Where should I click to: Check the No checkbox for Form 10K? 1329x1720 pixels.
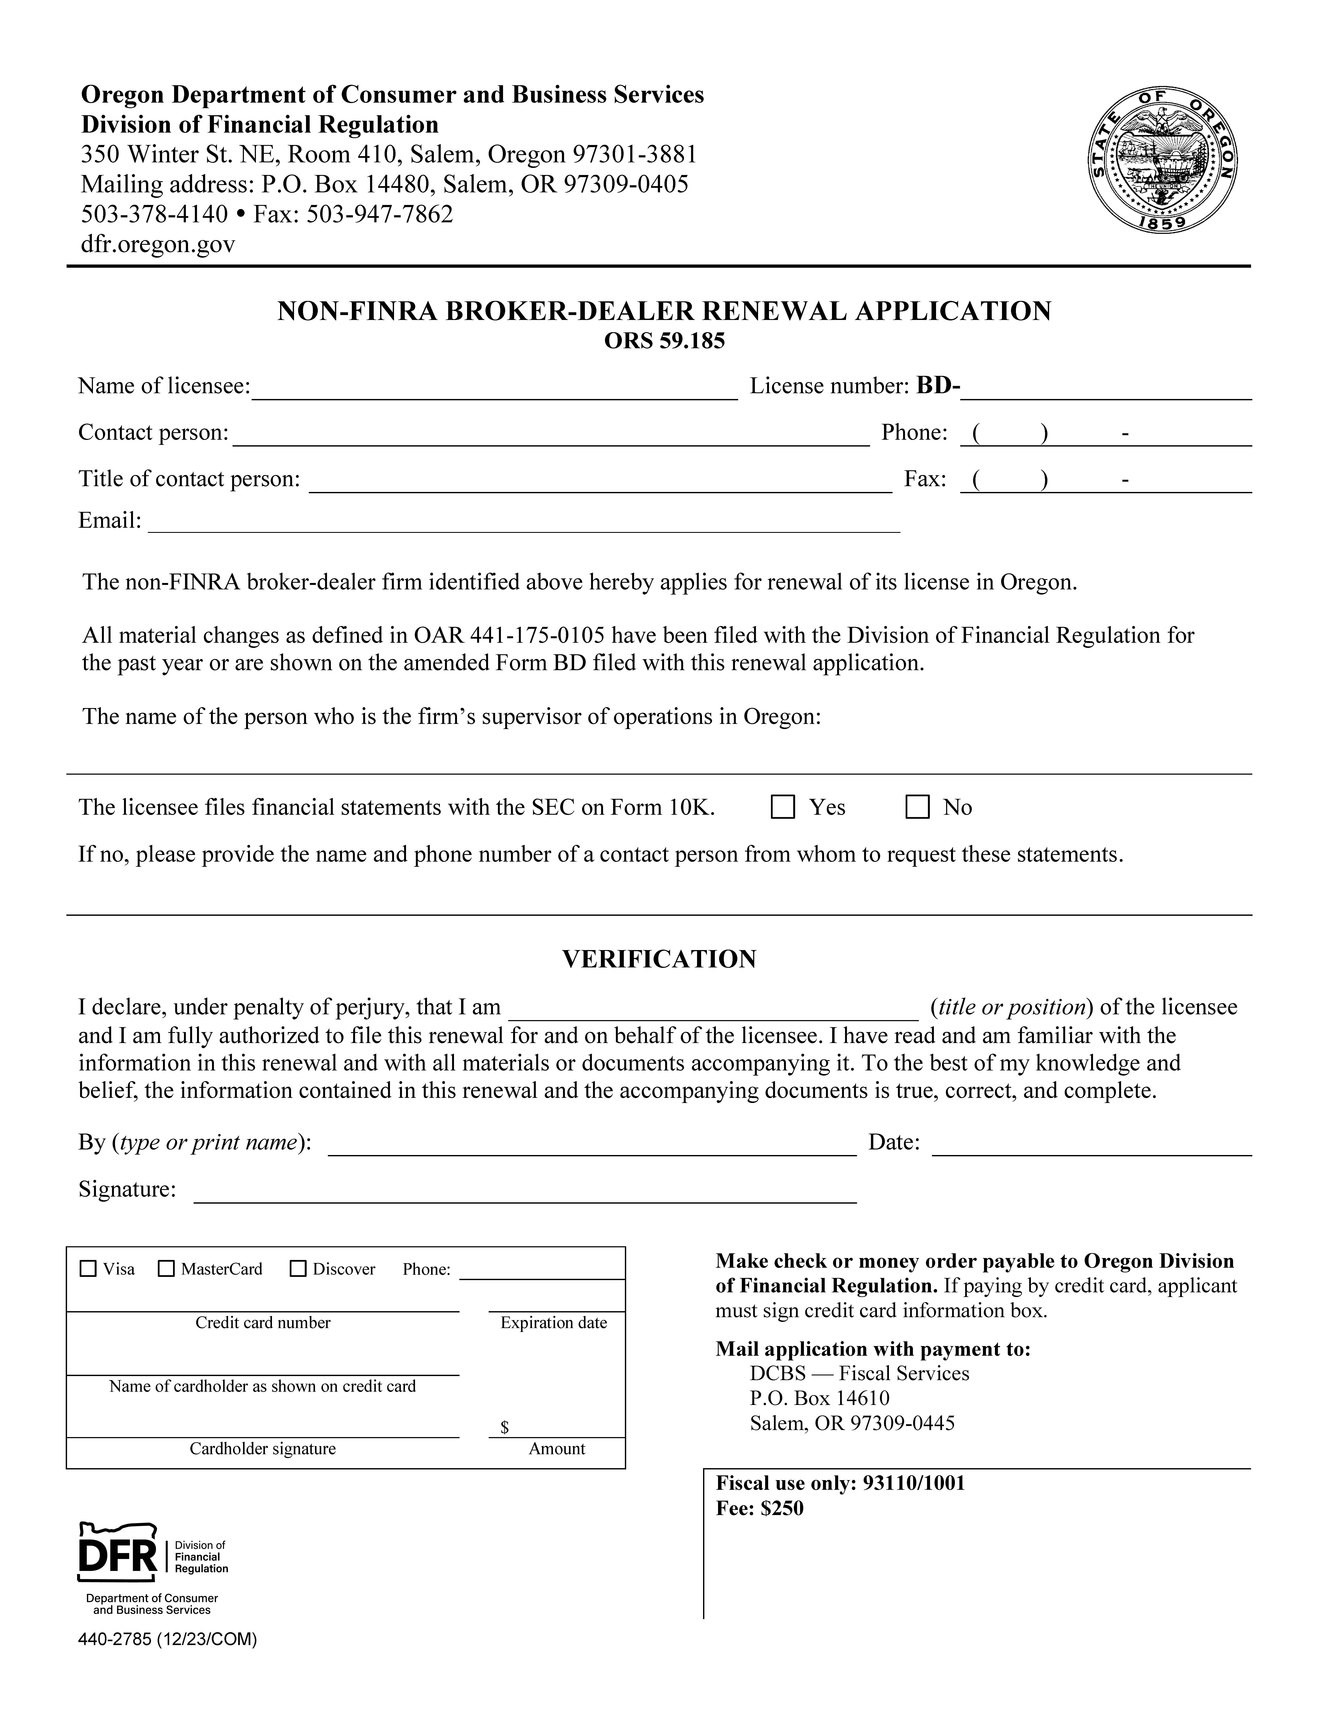[x=917, y=807]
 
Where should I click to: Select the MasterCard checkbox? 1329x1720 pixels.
[x=166, y=1269]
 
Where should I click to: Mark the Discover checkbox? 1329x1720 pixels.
[x=298, y=1269]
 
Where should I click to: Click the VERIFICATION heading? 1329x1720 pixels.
[x=659, y=959]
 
